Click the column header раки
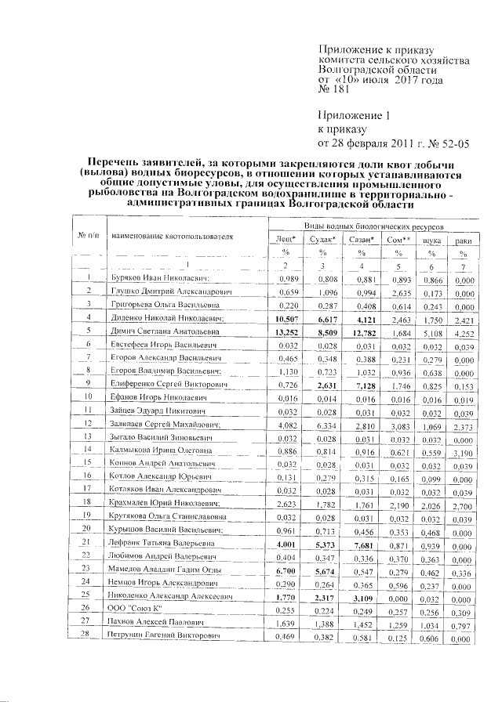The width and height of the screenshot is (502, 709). (x=464, y=239)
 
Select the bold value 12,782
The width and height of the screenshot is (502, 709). (x=361, y=331)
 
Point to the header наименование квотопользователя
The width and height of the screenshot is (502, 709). (x=173, y=235)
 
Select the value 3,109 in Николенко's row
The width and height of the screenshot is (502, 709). (x=361, y=595)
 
